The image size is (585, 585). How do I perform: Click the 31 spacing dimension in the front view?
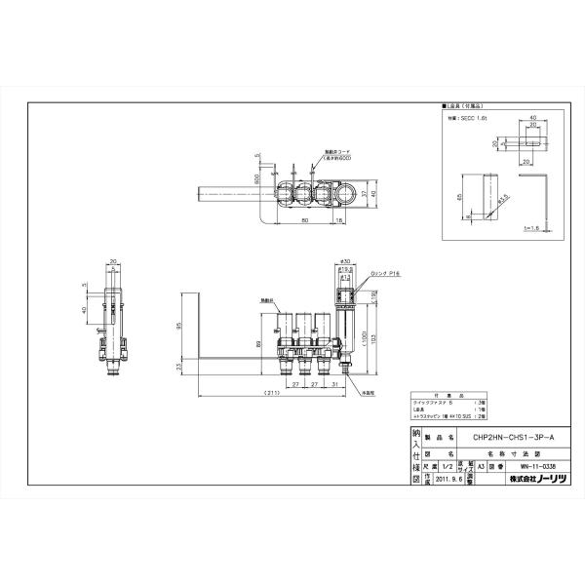pyautogui.click(x=334, y=384)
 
